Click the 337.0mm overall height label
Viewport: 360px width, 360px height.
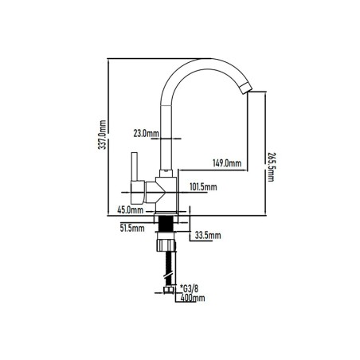tap(102, 135)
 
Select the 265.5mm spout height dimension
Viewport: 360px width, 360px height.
tap(271, 167)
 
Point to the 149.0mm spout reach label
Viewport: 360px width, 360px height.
tap(227, 162)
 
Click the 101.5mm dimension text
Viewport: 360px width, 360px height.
tap(203, 187)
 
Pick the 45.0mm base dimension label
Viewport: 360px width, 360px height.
tap(131, 210)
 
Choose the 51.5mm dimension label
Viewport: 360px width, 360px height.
tap(132, 228)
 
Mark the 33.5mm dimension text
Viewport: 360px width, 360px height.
tap(208, 235)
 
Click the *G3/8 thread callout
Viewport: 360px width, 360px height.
tap(189, 288)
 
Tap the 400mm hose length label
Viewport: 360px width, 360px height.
tap(193, 298)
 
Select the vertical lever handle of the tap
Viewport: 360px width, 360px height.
tap(135, 166)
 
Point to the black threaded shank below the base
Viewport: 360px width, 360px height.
tap(166, 223)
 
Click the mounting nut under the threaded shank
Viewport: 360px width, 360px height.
tap(166, 244)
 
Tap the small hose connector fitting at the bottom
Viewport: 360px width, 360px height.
tap(168, 290)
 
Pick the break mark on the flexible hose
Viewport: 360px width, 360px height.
tap(169, 276)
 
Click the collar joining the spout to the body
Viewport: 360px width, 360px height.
tap(166, 174)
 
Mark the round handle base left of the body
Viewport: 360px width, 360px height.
tap(138, 193)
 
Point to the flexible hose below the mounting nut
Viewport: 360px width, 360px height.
tap(169, 268)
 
